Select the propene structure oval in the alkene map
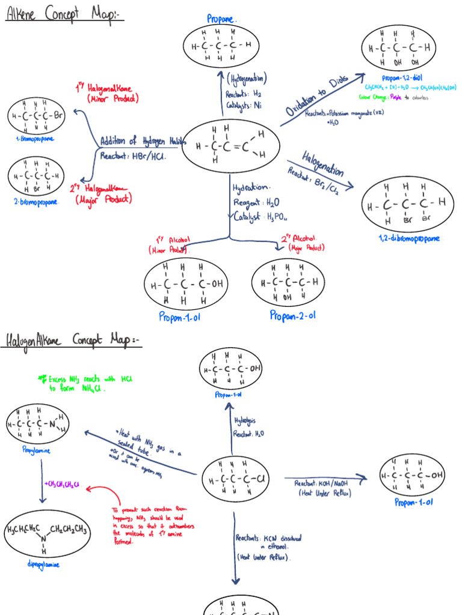(x=231, y=147)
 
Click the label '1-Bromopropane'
(x=35, y=139)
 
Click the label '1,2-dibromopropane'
(x=409, y=238)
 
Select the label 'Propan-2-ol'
(x=292, y=315)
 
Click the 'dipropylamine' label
(x=43, y=565)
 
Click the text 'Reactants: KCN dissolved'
(x=268, y=539)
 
